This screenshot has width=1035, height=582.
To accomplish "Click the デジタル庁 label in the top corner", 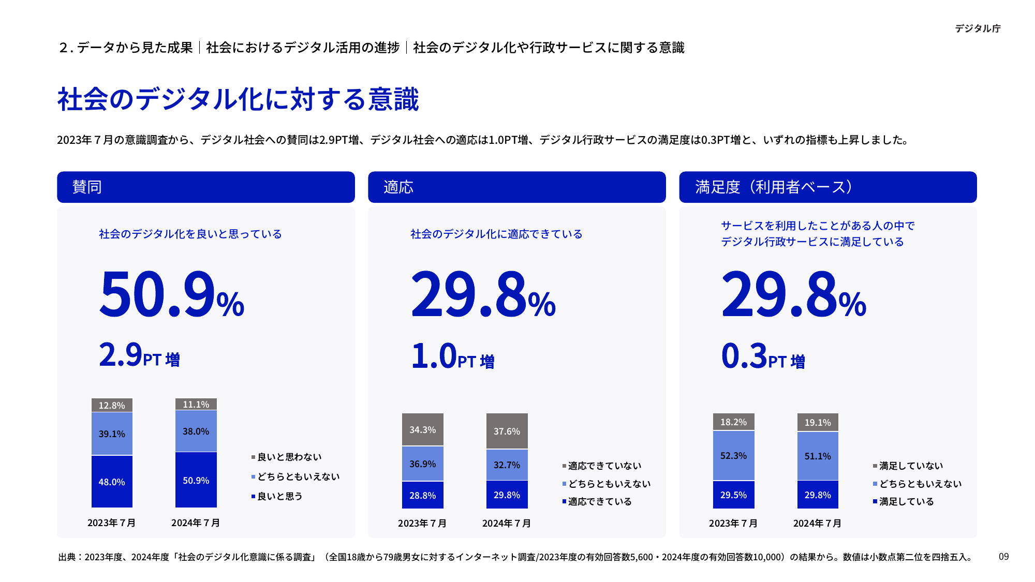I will coord(977,28).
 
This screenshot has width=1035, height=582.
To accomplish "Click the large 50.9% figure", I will coord(171,295).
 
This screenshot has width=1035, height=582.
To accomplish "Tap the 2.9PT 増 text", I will coord(139,355).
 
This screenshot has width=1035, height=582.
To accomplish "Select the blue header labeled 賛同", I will coord(205,187).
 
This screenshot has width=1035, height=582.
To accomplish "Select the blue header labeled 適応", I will coord(516,187).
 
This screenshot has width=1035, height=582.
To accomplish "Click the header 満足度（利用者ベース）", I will coord(827,187).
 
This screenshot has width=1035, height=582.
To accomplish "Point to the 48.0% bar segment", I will coord(112,482).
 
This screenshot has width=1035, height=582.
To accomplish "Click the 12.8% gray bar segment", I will coord(112,405).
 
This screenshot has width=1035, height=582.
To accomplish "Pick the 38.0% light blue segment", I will coord(196,431).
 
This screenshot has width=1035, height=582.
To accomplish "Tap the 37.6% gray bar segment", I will coord(507,431).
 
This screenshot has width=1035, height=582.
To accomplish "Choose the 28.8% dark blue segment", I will coord(422,495).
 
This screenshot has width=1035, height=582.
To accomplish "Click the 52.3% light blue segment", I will coord(733,455).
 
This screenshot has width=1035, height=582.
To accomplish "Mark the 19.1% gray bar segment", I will coord(818,422).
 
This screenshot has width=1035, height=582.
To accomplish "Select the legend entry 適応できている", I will coord(599,501).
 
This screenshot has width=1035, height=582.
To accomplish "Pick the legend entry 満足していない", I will coord(910,466).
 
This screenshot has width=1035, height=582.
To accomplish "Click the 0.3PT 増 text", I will coord(763,356).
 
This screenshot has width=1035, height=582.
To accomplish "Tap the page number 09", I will coord(1003,557).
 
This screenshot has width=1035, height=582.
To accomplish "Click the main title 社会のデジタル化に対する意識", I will coord(238,99).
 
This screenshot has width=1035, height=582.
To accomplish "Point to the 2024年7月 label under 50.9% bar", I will coord(196,523).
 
